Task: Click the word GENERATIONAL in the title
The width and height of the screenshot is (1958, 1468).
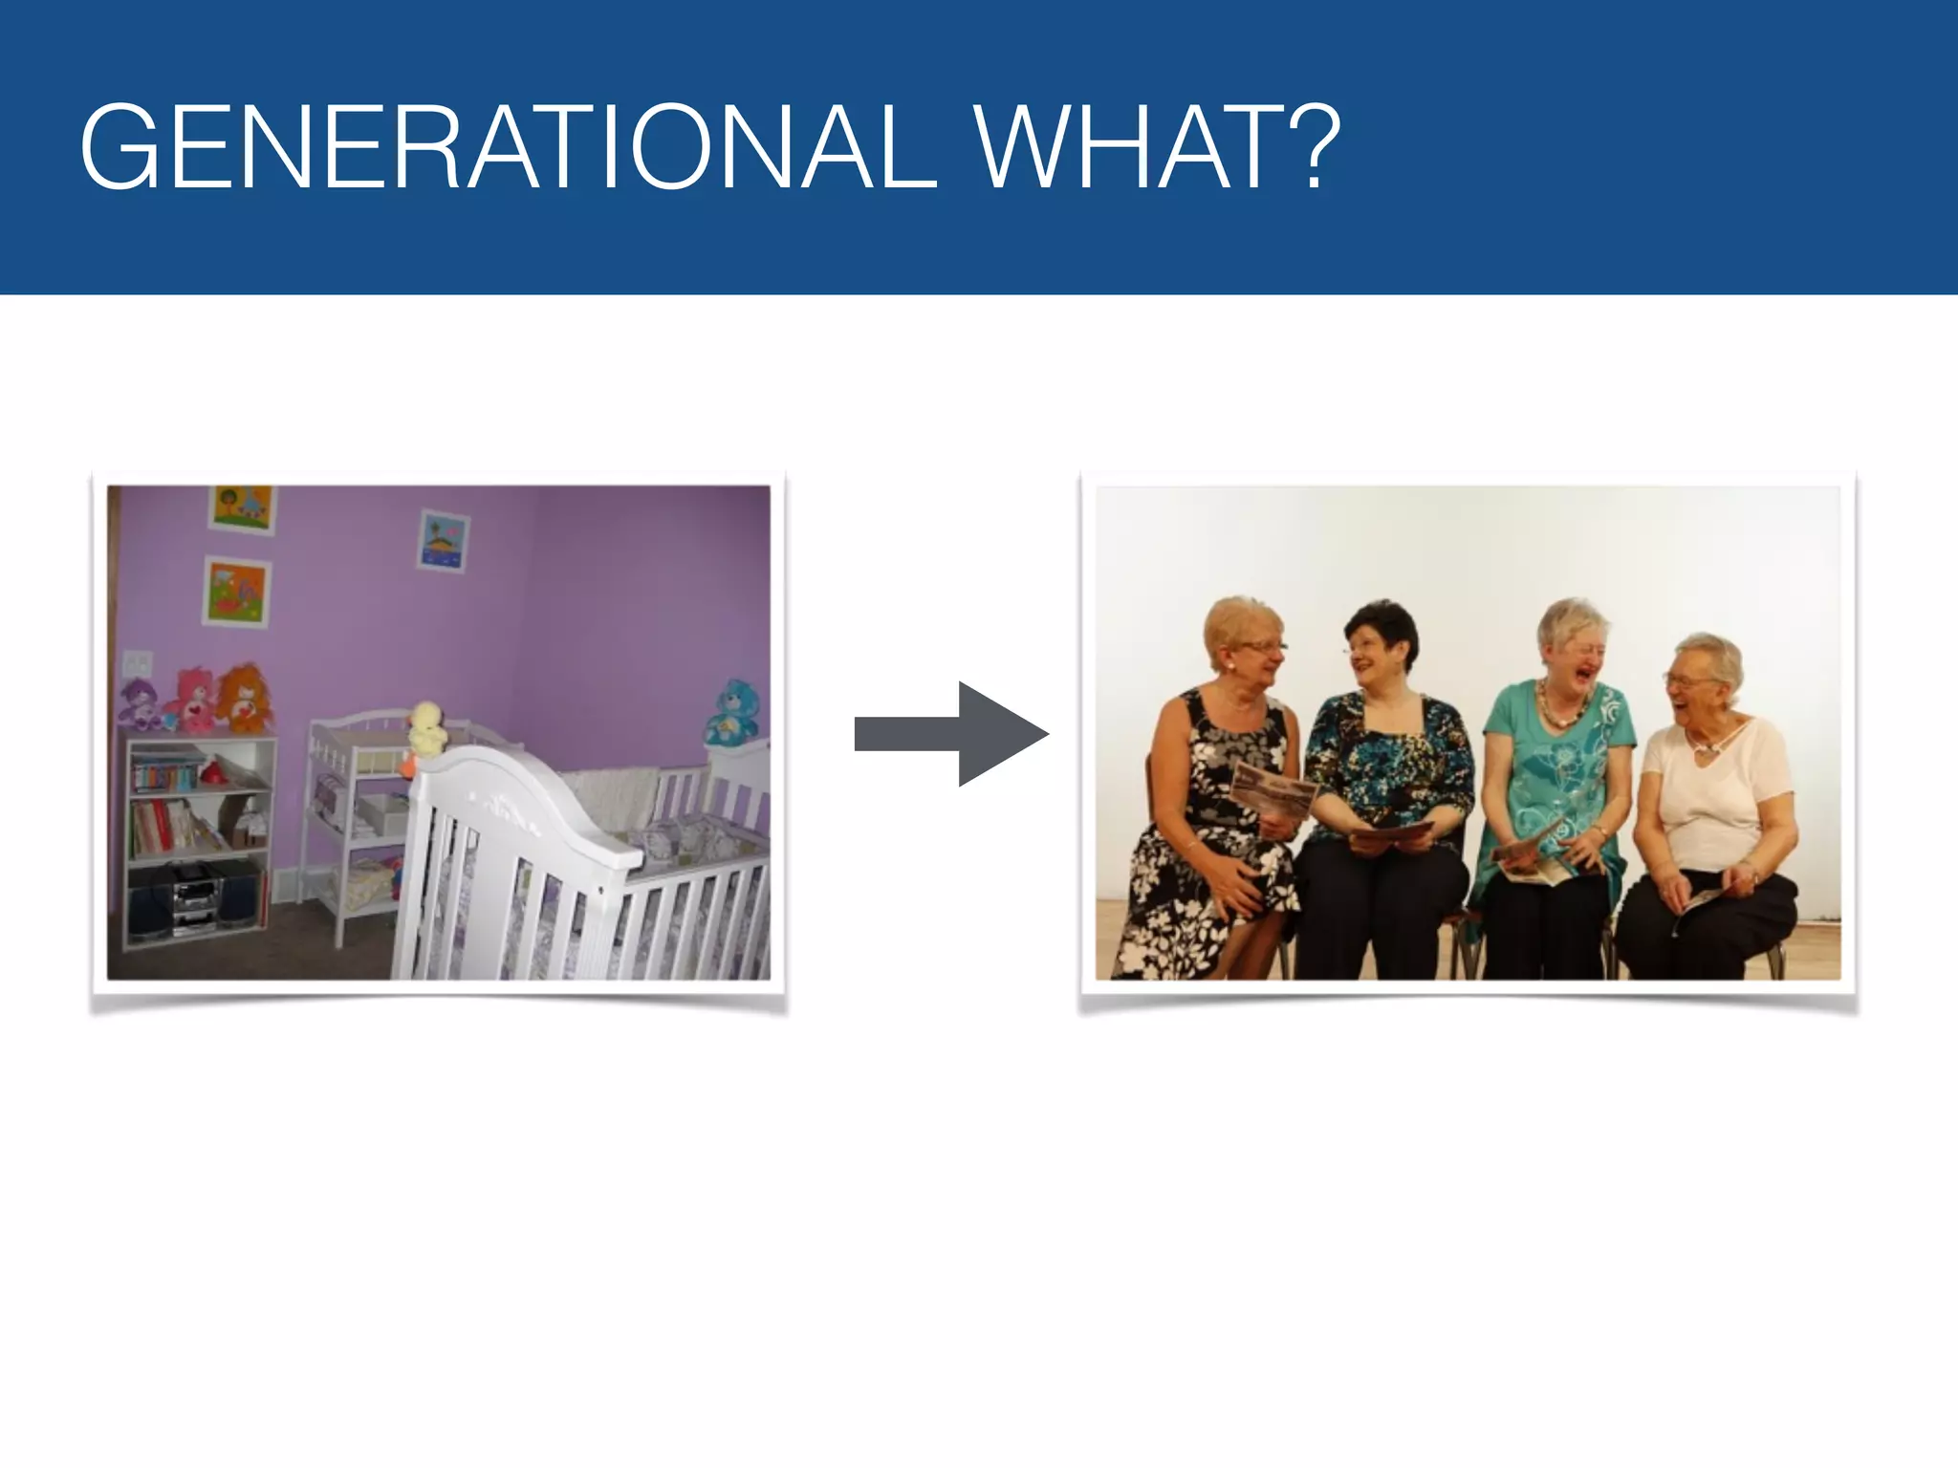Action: point(507,148)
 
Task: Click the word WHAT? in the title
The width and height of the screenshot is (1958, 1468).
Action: point(1157,148)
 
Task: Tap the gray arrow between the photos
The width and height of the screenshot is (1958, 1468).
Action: point(951,734)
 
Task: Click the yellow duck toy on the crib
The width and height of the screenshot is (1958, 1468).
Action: point(426,729)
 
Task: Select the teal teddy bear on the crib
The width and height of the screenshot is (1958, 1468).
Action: point(732,712)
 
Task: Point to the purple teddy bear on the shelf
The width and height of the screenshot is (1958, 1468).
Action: point(140,704)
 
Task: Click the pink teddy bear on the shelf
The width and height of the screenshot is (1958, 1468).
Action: point(192,701)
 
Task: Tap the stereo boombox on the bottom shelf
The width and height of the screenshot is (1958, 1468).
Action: point(196,898)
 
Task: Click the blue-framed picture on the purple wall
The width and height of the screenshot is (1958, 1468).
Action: point(443,541)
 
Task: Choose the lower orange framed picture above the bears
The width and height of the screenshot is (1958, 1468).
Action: point(237,591)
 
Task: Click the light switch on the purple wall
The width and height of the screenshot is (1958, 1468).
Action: point(138,662)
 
